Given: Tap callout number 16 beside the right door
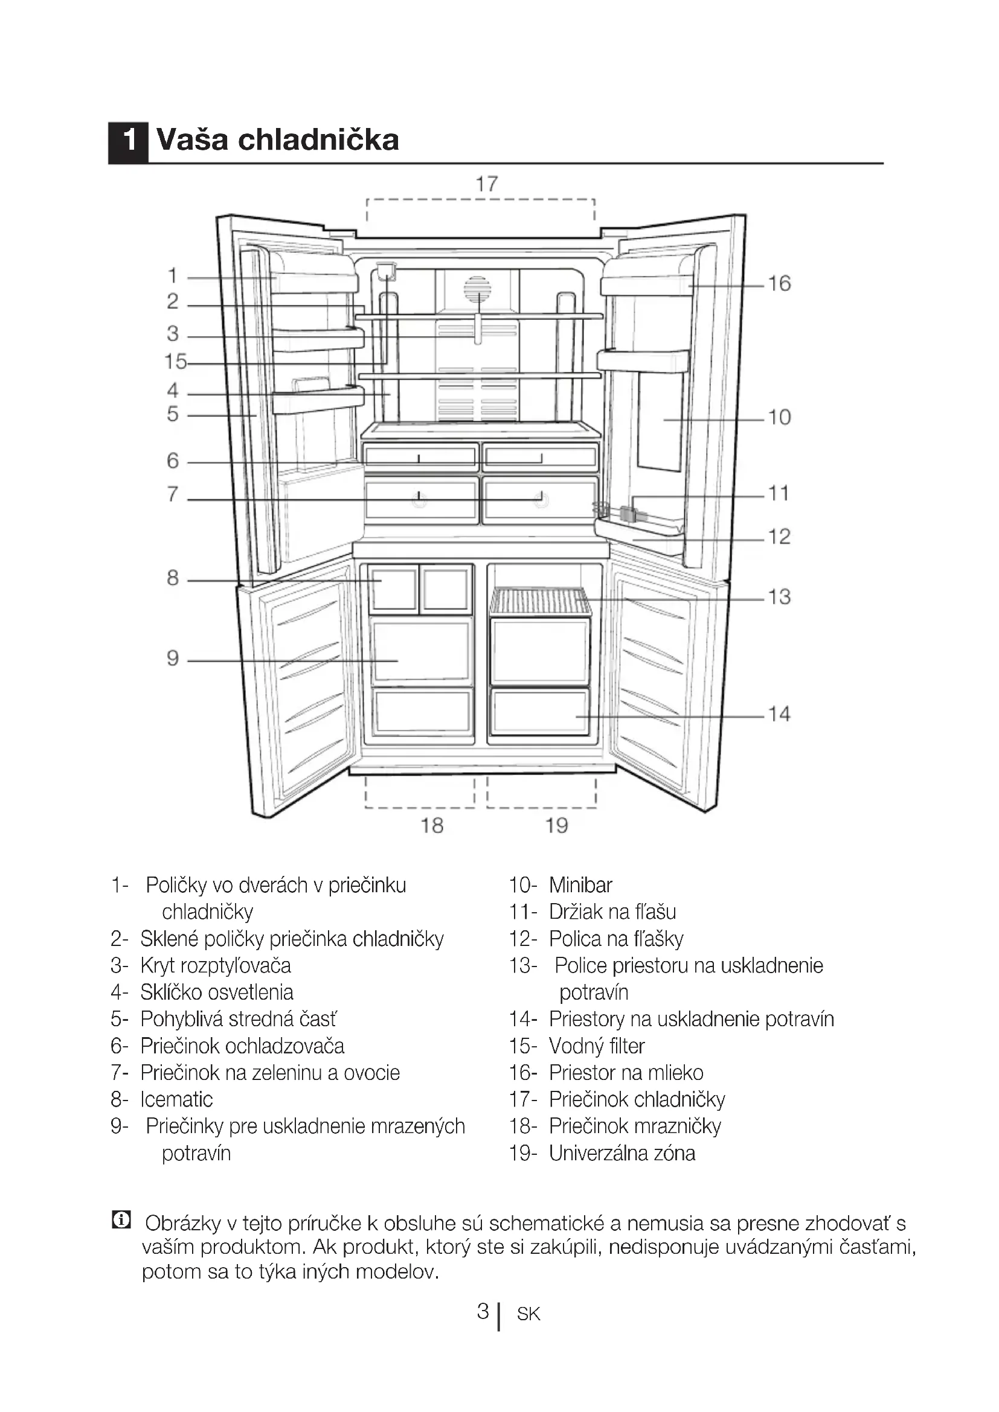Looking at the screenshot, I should (x=779, y=284).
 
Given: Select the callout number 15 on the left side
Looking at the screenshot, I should (x=175, y=362).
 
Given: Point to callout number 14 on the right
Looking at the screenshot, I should (x=779, y=714).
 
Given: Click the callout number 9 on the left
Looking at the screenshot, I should (x=173, y=659).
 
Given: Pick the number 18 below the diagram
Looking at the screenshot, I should (x=432, y=825).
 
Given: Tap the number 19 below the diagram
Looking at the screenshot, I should (x=557, y=825).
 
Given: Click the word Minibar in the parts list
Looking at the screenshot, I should (x=580, y=885).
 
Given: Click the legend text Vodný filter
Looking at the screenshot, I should (x=597, y=1046).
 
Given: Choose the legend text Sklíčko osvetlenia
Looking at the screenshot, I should (x=217, y=992).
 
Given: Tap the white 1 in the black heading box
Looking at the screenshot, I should (x=129, y=139).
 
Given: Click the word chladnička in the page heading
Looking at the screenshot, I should (x=318, y=139).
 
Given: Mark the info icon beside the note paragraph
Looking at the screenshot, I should (x=121, y=1219).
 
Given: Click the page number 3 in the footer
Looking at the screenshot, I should (x=484, y=1312).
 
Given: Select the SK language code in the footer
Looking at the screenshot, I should (x=528, y=1314).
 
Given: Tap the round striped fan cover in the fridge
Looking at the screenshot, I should (x=477, y=290).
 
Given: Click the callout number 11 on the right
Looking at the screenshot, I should (x=779, y=493).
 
